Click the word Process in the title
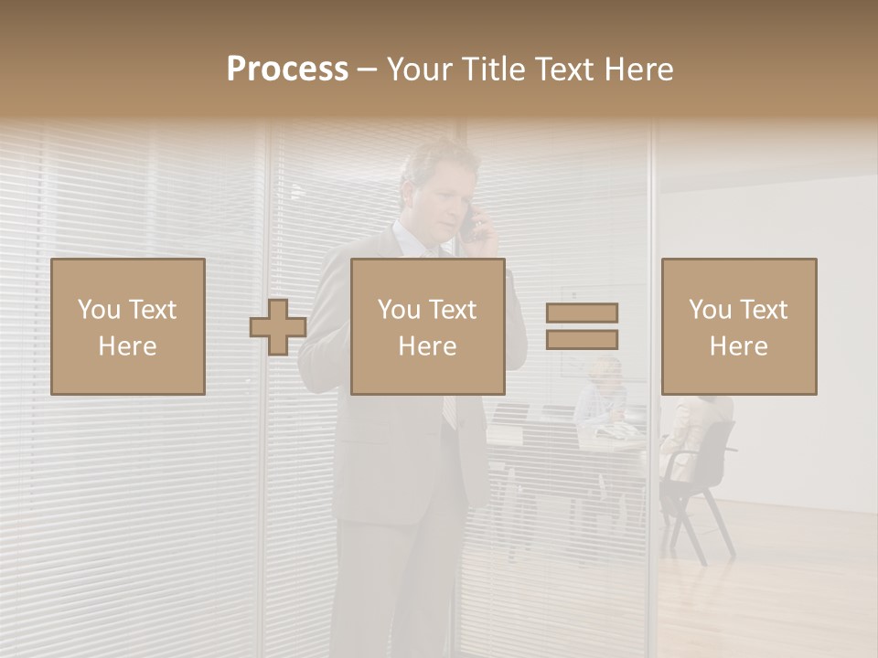tap(287, 69)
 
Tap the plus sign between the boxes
tap(278, 327)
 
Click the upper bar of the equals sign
tap(582, 313)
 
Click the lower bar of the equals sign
tap(582, 340)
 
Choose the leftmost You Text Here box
tap(128, 326)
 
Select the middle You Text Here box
tap(427, 326)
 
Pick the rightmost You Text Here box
tap(738, 326)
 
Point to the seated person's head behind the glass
tap(605, 370)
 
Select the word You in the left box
tap(99, 310)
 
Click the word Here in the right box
tap(738, 346)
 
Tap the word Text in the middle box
tap(453, 310)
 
